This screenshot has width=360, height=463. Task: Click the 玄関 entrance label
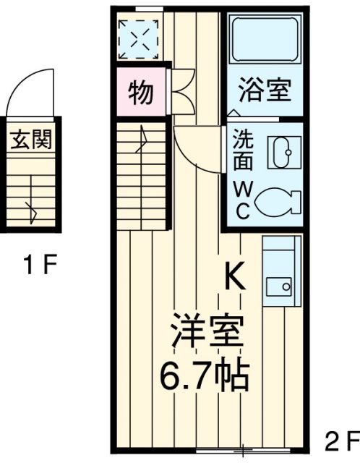coord(30,140)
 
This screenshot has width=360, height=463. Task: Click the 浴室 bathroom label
coord(265,92)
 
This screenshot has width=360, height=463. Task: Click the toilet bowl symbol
coord(276,200)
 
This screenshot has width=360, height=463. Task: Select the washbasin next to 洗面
coord(279,152)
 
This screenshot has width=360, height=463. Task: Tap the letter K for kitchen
coord(235,276)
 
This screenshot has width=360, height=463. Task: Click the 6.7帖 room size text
coord(205,375)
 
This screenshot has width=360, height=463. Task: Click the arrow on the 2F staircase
coord(144,136)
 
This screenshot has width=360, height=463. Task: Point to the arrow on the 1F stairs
coord(31,211)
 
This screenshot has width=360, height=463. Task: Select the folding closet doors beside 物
coord(182,92)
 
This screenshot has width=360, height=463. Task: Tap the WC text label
coord(241,200)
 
